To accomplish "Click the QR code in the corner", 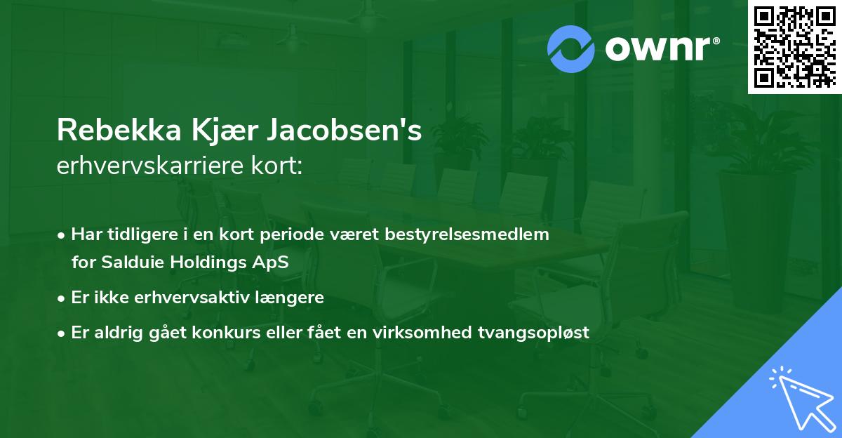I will [x=794, y=46].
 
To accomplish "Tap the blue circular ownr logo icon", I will [x=570, y=48].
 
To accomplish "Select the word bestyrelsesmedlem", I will [x=467, y=234].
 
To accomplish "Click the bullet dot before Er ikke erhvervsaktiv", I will [x=62, y=298].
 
